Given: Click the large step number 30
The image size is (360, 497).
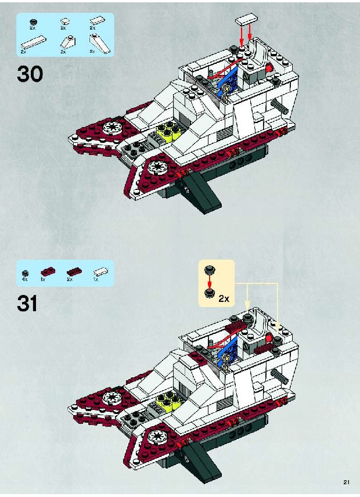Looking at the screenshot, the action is coord(30,74).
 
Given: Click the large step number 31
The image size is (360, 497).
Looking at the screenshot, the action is coord(27,303).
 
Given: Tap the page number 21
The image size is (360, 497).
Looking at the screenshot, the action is coord(346,482).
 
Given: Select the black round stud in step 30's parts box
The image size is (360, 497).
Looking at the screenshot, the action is coord(33,22).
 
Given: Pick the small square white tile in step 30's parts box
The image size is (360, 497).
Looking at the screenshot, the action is coord(65,21).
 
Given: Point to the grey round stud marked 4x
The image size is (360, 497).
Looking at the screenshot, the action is coord(25,273).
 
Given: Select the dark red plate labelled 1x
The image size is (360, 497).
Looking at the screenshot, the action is coord(48,272).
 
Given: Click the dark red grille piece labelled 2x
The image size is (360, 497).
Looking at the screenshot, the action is coord(74,272).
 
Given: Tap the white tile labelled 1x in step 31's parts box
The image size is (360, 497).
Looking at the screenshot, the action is coord(100,272).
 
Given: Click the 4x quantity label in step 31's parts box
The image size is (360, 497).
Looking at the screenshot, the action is coord(25,279).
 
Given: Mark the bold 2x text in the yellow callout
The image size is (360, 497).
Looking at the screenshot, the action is coord(224,298).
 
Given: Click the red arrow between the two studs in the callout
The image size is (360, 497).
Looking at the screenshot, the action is coord(209,281).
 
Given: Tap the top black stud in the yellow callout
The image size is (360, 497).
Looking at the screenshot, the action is coord(209,270).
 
